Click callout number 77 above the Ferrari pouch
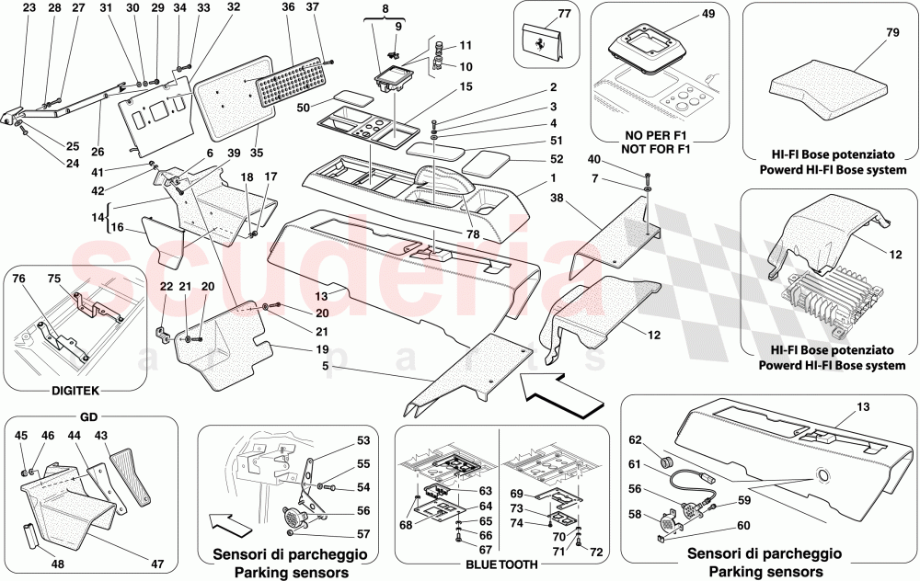tap(564, 14)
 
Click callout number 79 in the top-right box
tap(865, 33)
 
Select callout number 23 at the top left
tap(29, 8)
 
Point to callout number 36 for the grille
tap(289, 8)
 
